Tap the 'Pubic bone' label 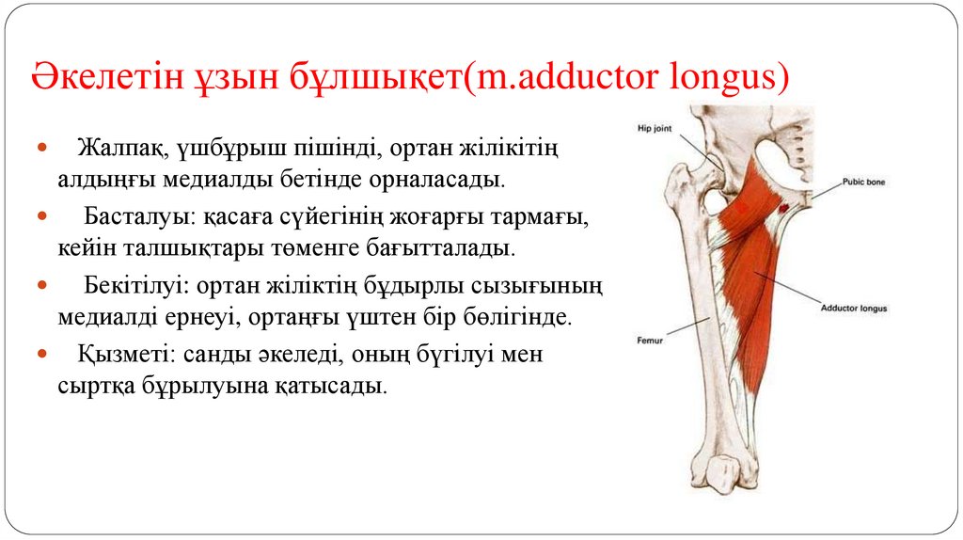click(863, 182)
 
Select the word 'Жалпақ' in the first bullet click(112, 149)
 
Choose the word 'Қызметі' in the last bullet click(117, 356)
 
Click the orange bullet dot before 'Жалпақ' click(42, 149)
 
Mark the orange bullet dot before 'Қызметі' click(42, 356)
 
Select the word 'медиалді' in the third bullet click(99, 317)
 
